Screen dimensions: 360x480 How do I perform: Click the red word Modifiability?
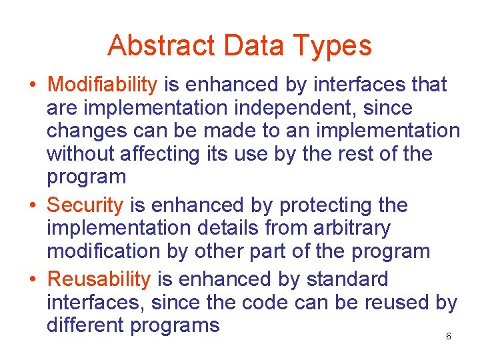103,85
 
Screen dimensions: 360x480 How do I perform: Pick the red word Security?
86,205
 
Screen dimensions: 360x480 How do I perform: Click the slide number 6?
448,337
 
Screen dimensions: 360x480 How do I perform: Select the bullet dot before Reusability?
32,279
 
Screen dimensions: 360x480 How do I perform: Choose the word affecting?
159,155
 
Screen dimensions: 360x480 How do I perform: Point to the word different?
85,325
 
